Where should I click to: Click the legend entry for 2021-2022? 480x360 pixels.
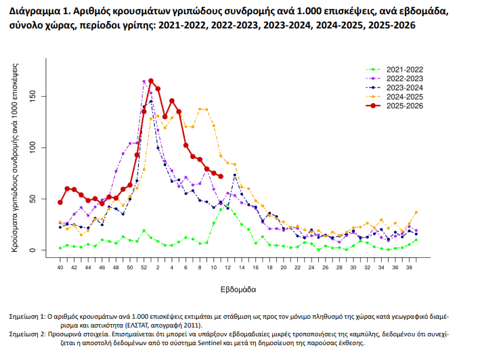[x=404, y=70]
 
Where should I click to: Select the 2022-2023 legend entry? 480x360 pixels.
[x=404, y=78]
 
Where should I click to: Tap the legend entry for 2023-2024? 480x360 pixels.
[x=404, y=88]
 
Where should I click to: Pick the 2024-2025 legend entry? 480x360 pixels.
[x=404, y=97]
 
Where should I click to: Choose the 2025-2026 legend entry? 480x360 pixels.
[x=404, y=106]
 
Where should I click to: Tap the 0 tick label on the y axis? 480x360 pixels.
[x=42, y=250]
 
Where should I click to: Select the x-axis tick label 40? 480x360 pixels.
[x=60, y=268]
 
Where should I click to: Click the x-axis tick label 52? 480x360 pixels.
[x=144, y=268]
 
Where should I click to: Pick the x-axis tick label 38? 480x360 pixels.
[x=409, y=268]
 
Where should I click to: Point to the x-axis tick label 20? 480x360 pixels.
[x=283, y=268]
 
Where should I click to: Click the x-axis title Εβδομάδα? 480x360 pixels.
[x=238, y=289]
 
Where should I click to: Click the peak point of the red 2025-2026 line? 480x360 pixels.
[x=151, y=81]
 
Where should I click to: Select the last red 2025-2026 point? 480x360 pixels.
[x=221, y=177]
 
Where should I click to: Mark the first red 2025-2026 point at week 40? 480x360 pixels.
[x=60, y=202]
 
